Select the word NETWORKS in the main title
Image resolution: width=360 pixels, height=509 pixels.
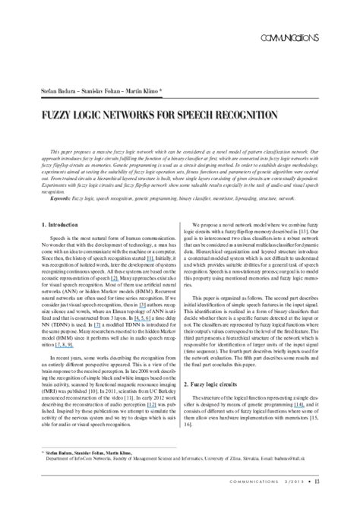click(x=123, y=115)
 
